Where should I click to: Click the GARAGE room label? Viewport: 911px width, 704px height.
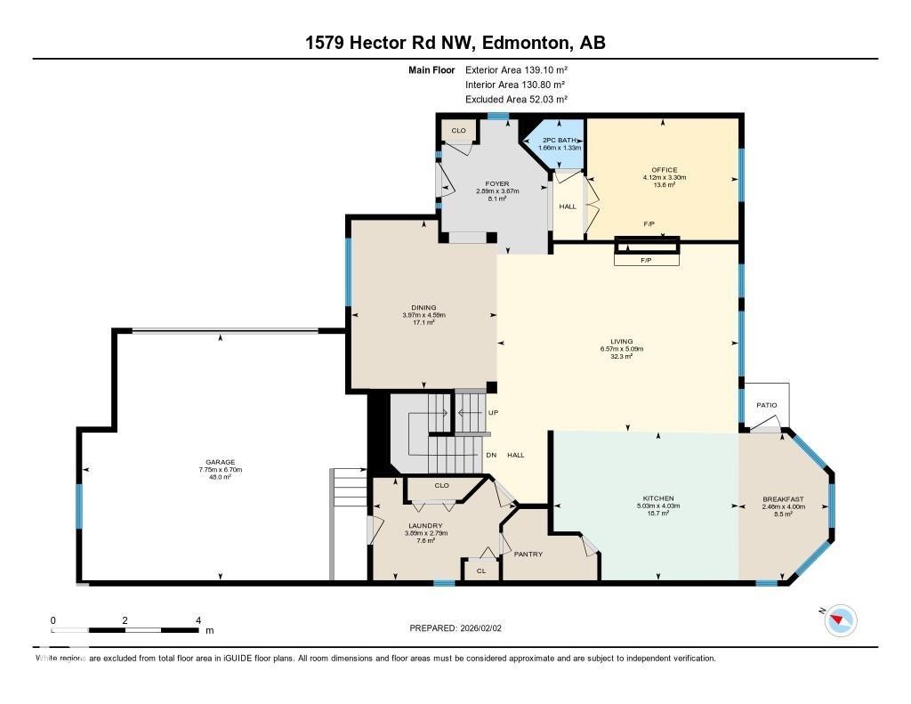pyautogui.click(x=221, y=462)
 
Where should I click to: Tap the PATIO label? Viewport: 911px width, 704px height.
pyautogui.click(x=767, y=405)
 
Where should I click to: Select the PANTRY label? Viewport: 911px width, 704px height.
pyautogui.click(x=528, y=554)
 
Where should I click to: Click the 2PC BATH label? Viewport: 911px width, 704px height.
pyautogui.click(x=560, y=140)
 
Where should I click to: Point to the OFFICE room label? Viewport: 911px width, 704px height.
pyautogui.click(x=664, y=170)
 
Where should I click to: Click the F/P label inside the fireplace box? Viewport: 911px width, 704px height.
pyautogui.click(x=646, y=261)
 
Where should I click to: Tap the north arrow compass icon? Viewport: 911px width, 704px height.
pyautogui.click(x=840, y=619)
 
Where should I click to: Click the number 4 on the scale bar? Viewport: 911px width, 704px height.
pyautogui.click(x=198, y=620)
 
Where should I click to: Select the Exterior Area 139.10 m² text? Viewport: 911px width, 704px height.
pyautogui.click(x=516, y=69)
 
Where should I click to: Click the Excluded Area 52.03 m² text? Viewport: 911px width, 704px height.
pyautogui.click(x=516, y=100)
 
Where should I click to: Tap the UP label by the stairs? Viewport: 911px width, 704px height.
pyautogui.click(x=492, y=414)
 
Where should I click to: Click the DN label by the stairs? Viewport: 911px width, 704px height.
pyautogui.click(x=491, y=455)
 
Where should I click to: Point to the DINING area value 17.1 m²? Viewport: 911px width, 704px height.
pyautogui.click(x=423, y=322)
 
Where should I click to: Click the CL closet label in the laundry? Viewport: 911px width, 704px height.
pyautogui.click(x=481, y=570)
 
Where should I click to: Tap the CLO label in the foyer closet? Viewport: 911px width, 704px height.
pyautogui.click(x=458, y=131)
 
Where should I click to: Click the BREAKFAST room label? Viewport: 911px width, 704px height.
pyautogui.click(x=783, y=498)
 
